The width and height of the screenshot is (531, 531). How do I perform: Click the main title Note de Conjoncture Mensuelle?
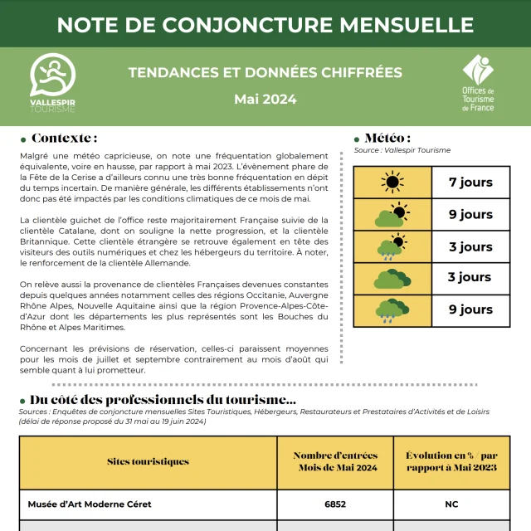[x=265, y=24]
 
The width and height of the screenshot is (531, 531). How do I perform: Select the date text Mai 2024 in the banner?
[x=265, y=100]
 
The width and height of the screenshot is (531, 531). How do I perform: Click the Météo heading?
[x=387, y=138]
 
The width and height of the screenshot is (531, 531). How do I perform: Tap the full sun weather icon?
[x=392, y=183]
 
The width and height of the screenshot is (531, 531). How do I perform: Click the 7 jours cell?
[x=470, y=183]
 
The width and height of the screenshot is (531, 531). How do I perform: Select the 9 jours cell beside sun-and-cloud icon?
[x=470, y=214]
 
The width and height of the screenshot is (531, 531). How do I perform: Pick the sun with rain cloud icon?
[x=392, y=246]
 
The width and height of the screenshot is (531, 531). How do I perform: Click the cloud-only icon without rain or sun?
[x=392, y=278]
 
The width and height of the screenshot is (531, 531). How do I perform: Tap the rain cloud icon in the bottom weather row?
[x=392, y=309]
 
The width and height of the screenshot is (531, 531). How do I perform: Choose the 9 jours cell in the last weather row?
[x=470, y=309]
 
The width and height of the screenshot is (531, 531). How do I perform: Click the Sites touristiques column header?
[x=148, y=461]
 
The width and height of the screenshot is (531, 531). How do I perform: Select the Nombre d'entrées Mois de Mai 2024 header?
[x=335, y=461]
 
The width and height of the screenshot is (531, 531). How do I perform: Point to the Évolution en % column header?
[x=451, y=461]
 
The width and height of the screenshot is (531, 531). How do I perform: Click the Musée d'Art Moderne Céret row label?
[x=90, y=504]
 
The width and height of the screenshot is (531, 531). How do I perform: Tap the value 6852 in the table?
[x=335, y=504]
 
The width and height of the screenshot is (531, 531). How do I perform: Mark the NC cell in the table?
[x=451, y=504]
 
